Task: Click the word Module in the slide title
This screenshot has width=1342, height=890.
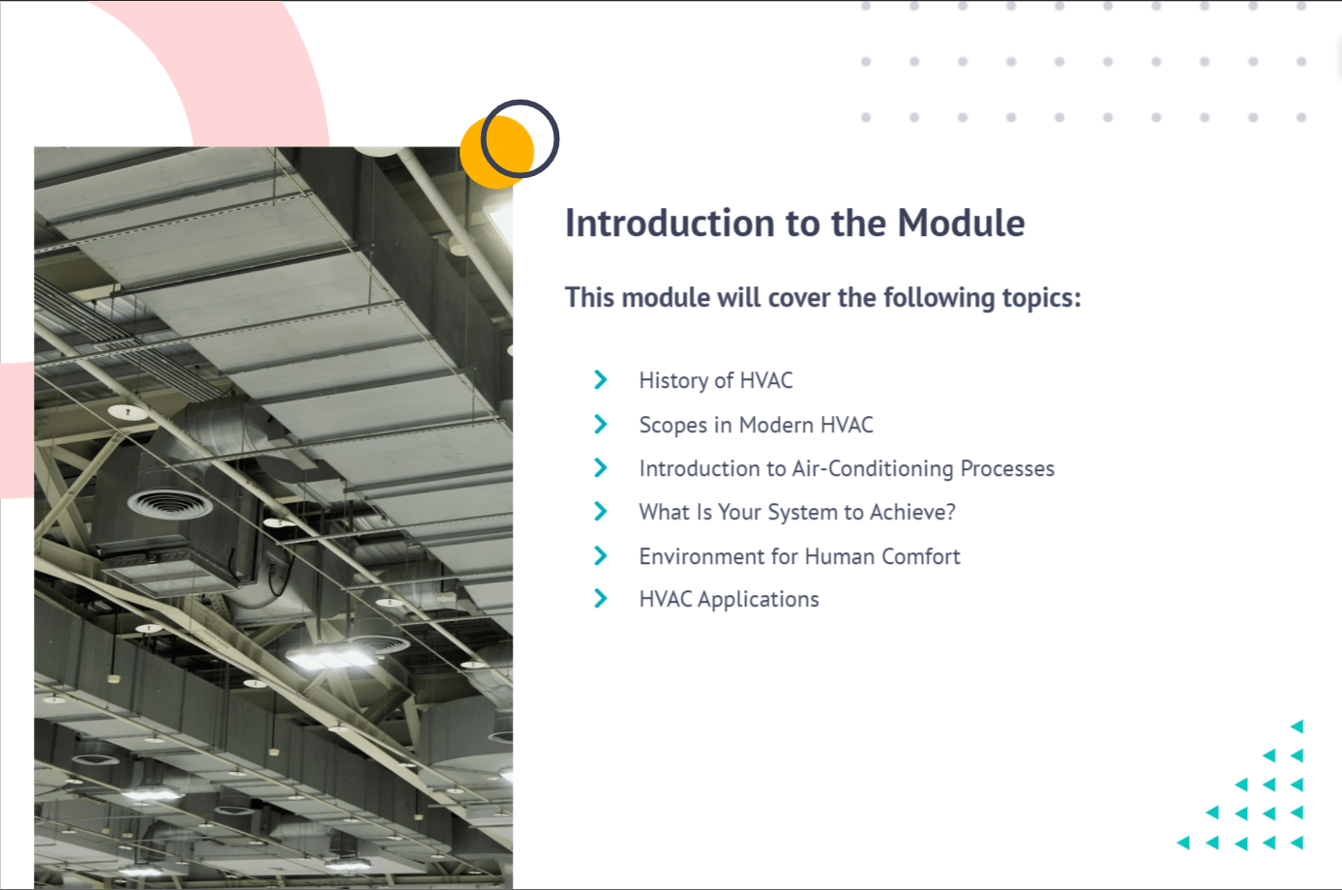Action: coord(961,222)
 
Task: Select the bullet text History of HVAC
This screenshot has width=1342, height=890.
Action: coord(716,380)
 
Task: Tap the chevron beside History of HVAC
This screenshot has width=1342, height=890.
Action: coord(600,380)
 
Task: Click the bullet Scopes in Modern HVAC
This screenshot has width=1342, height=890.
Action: coord(756,425)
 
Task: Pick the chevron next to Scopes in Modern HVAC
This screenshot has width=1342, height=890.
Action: coord(600,424)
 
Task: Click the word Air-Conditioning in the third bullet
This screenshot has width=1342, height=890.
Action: coord(873,468)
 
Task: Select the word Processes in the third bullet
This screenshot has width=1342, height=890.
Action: coord(1007,468)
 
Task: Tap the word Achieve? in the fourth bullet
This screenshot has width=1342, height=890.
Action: coord(912,512)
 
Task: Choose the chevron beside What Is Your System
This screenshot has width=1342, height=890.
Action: coord(600,512)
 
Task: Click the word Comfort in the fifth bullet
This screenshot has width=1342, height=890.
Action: coord(921,556)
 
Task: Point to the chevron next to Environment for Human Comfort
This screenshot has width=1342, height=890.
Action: coord(600,556)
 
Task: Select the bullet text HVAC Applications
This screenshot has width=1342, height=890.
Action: coord(730,600)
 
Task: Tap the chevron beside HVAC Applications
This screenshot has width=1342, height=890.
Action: coord(600,598)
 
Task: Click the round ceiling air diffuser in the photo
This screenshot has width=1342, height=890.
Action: coord(170,503)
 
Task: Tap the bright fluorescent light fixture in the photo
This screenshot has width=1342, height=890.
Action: coord(331,658)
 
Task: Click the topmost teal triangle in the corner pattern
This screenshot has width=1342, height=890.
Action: coord(1297,727)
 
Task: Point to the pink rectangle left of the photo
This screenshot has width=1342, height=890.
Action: coord(16,430)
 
